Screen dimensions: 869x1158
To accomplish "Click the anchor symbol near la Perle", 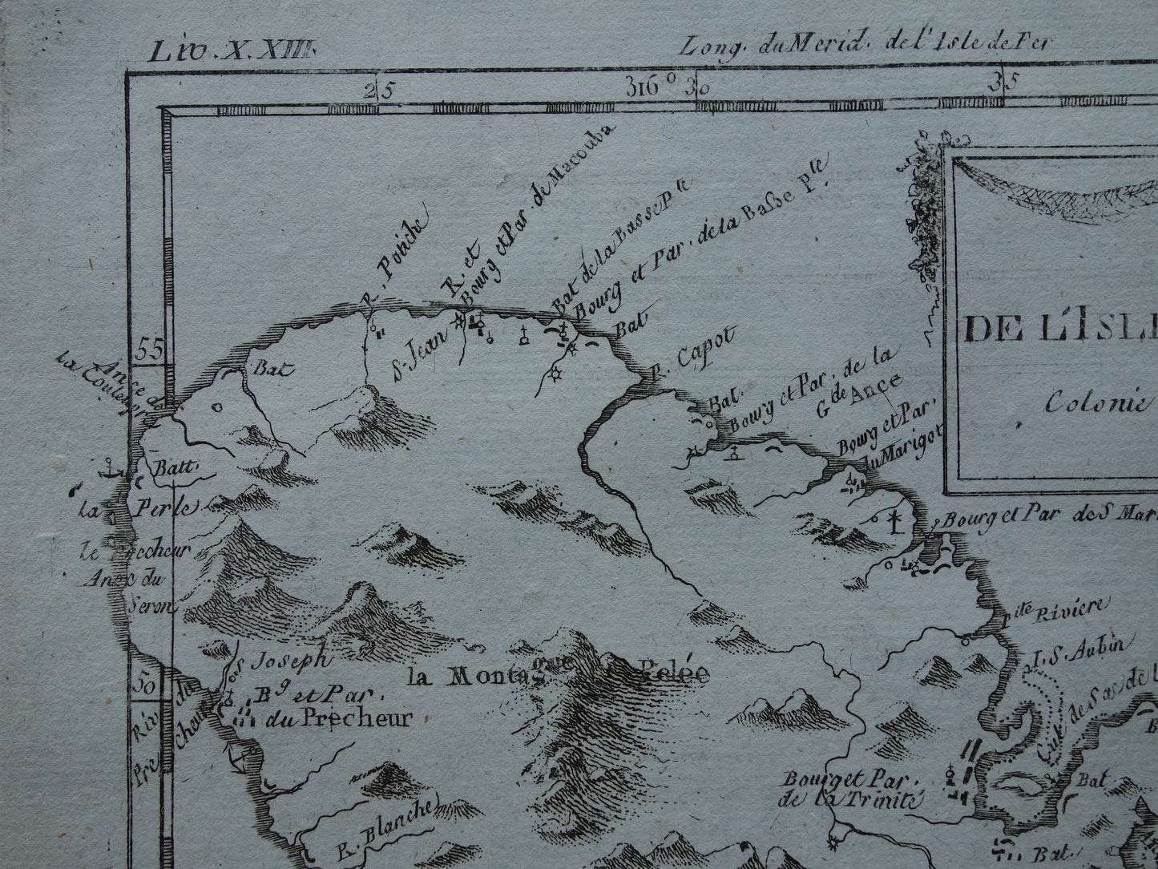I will (108, 467).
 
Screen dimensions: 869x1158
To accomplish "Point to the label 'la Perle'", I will (136, 506).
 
